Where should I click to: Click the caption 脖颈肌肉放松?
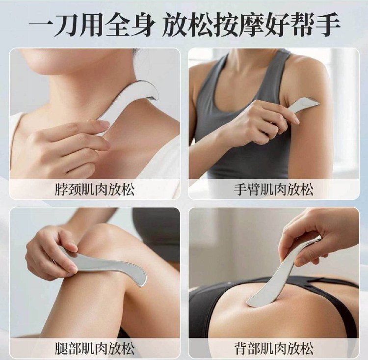tap(95, 190)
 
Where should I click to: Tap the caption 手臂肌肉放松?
tap(274, 190)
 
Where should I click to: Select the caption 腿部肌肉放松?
tap(95, 349)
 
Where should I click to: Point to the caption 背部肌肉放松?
tap(274, 349)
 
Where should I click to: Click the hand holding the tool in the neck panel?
tap(68, 148)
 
